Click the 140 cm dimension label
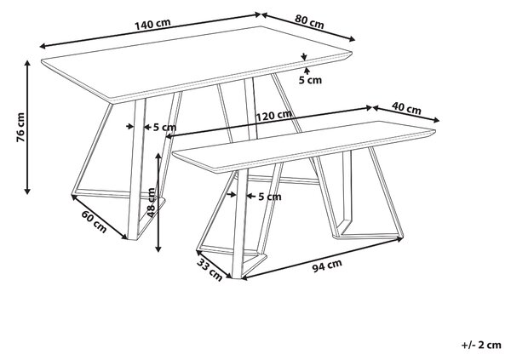pyautogui.click(x=152, y=25)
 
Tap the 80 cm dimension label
pyautogui.click(x=309, y=21)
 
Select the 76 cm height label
pyautogui.click(x=20, y=128)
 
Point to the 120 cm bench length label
pyautogui.click(x=273, y=115)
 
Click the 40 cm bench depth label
pyautogui.click(x=406, y=108)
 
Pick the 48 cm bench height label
pyautogui.click(x=152, y=203)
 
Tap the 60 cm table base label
pyautogui.click(x=95, y=222)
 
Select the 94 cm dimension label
pyautogui.click(x=327, y=266)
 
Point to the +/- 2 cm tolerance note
pyautogui.click(x=481, y=345)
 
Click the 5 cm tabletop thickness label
pyautogui.click(x=310, y=80)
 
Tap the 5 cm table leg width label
pyautogui.click(x=165, y=128)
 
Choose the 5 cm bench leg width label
pyautogui.click(x=270, y=197)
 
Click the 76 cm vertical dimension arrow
pyautogui.click(x=28, y=128)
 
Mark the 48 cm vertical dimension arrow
pyautogui.click(x=158, y=203)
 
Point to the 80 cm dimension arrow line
pyautogui.click(x=308, y=27)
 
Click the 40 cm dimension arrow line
pyautogui.click(x=406, y=114)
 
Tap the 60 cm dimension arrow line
pyautogui.click(x=100, y=217)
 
